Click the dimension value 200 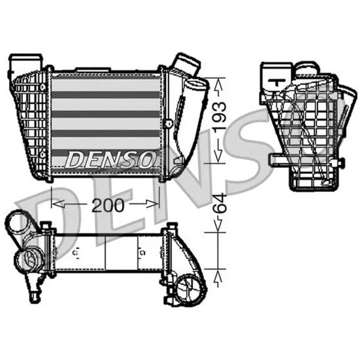pos(108,205)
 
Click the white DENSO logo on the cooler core pos(110,159)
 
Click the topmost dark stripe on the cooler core pos(105,95)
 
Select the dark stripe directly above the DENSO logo pos(105,134)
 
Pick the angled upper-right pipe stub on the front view pos(186,65)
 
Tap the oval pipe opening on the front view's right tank pos(194,85)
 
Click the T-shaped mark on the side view pos(278,82)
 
